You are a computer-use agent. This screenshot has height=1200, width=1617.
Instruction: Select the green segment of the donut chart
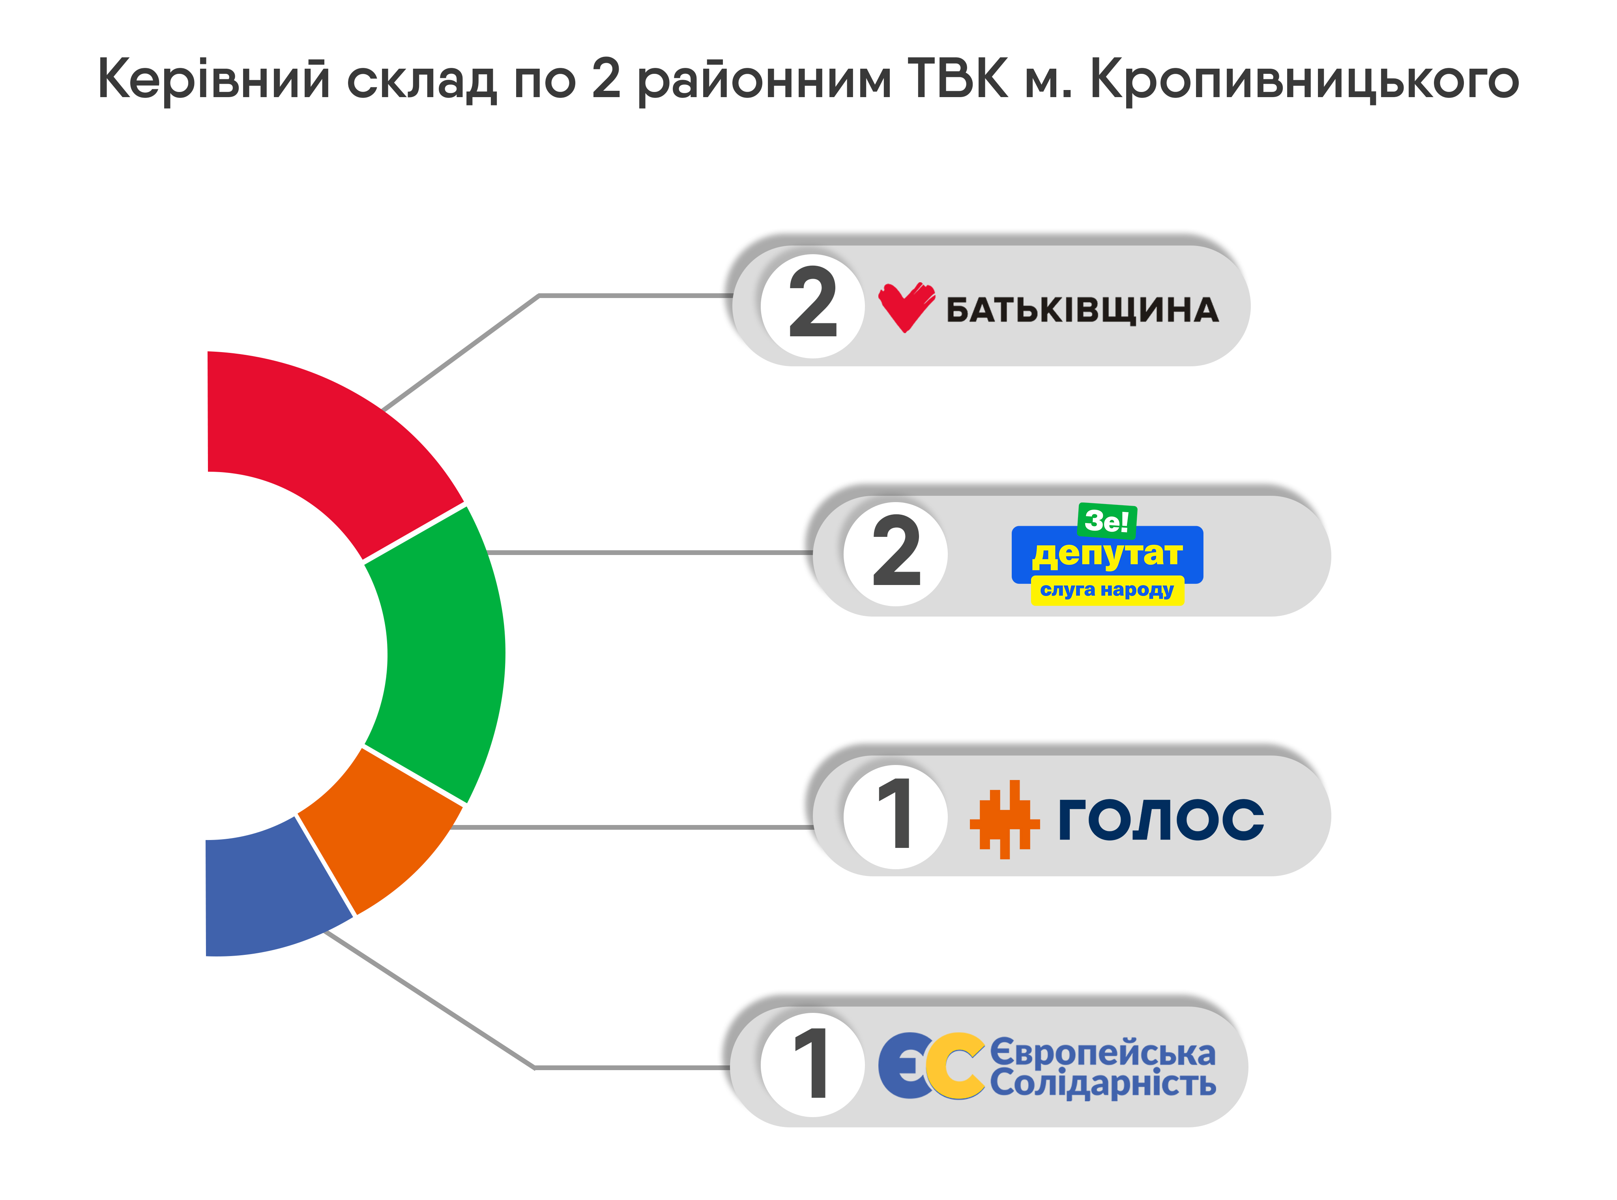[443, 654]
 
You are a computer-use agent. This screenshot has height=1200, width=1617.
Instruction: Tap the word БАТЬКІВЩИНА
[1082, 310]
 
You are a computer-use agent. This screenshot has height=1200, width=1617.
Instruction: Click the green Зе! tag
[1106, 520]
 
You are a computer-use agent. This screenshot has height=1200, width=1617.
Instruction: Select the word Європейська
[1102, 1052]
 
